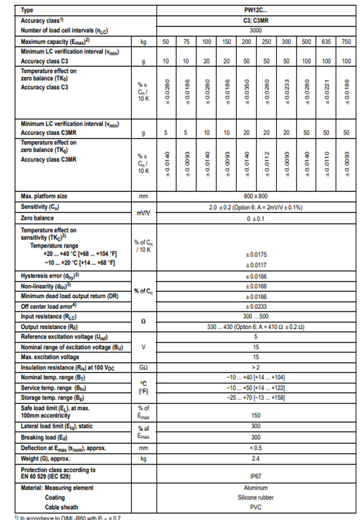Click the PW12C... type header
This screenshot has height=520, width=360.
(256, 10)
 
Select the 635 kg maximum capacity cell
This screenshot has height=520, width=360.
(326, 41)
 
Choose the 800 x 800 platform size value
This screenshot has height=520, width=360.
(256, 196)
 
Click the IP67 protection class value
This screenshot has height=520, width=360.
(256, 476)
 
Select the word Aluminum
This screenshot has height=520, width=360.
(256, 488)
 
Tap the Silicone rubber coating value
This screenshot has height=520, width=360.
(256, 498)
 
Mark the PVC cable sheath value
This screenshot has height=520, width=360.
(256, 507)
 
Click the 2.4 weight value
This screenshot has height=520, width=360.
(256, 459)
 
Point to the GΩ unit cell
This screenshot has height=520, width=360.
(144, 367)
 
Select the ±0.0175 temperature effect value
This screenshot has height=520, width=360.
(256, 255)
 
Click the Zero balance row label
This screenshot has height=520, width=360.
(37, 218)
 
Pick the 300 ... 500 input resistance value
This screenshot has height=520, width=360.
(256, 316)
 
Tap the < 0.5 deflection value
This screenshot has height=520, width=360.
(256, 448)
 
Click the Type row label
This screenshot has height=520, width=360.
(27, 10)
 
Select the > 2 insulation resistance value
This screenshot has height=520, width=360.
(256, 367)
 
